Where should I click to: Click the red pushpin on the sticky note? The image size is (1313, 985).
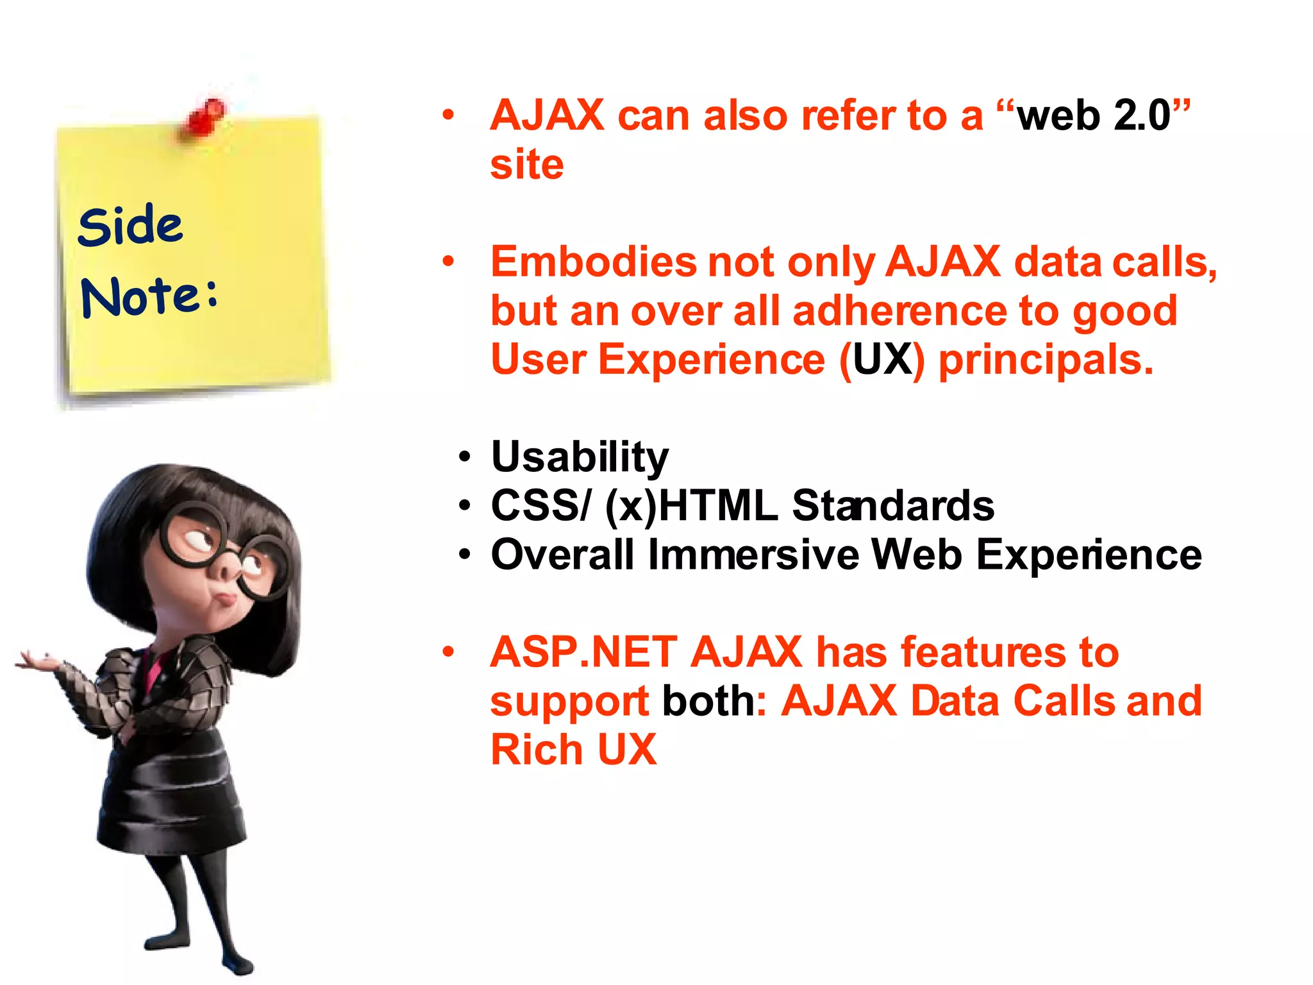[206, 117]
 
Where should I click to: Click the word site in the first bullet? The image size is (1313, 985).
[526, 165]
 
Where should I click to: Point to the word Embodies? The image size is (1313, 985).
[593, 262]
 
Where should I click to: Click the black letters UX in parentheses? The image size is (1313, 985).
[882, 359]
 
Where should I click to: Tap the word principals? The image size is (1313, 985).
[1045, 360]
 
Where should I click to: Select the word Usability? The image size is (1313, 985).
[580, 457]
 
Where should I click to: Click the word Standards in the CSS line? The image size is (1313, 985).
[892, 506]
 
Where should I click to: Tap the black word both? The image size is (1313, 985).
[708, 701]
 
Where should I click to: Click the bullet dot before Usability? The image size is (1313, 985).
[465, 458]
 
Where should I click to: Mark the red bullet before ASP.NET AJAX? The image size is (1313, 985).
[448, 652]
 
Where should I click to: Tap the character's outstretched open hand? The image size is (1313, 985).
[38, 661]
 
